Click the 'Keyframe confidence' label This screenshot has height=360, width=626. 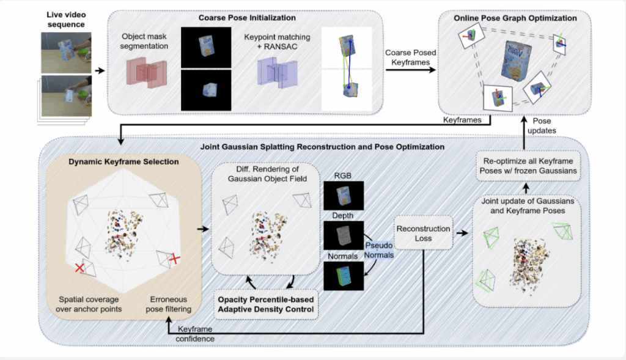point(195,333)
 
